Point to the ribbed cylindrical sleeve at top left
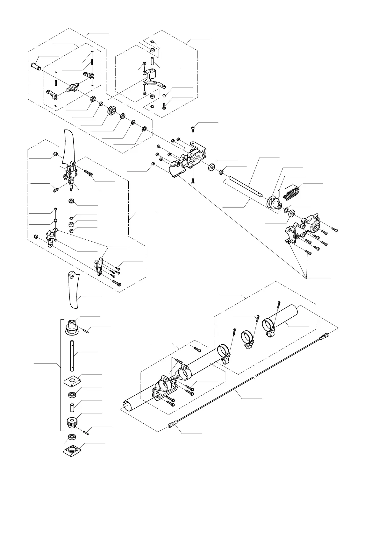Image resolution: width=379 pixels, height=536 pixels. [36, 67]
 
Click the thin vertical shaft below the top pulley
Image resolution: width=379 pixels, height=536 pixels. [72, 355]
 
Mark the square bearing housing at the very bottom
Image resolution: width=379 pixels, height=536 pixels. [72, 450]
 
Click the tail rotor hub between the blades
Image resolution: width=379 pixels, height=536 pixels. [72, 172]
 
